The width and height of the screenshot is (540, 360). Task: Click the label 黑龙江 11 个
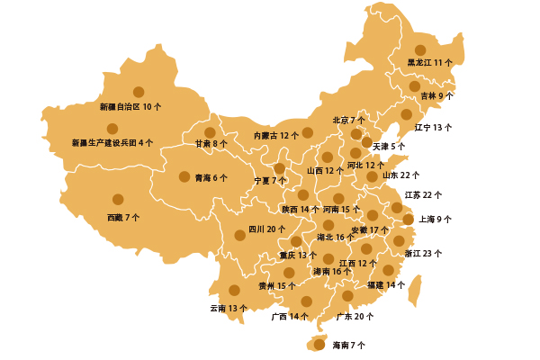(430, 63)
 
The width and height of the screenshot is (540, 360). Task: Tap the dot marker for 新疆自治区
(139, 92)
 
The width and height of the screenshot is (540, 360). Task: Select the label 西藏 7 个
(123, 218)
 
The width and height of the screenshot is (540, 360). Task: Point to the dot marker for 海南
(319, 344)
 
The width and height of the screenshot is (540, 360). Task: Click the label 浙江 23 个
(423, 254)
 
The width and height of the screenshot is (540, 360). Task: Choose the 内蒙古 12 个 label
(276, 135)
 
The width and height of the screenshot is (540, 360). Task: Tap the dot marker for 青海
(184, 177)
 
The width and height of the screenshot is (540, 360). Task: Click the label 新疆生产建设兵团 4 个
(112, 142)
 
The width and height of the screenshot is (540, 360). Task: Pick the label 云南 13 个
(229, 308)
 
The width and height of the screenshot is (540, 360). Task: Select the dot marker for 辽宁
(406, 114)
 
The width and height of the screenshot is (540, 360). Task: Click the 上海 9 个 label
(436, 219)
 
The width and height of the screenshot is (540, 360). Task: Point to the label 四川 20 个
(267, 229)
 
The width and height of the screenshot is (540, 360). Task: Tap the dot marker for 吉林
(415, 86)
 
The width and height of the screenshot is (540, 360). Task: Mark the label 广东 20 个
(355, 317)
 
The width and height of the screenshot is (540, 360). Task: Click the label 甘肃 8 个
(211, 143)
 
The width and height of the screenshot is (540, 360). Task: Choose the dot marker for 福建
(388, 270)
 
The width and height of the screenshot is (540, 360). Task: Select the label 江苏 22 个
(423, 194)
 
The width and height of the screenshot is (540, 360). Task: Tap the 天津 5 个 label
(389, 146)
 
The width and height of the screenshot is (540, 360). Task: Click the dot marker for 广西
(306, 301)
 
